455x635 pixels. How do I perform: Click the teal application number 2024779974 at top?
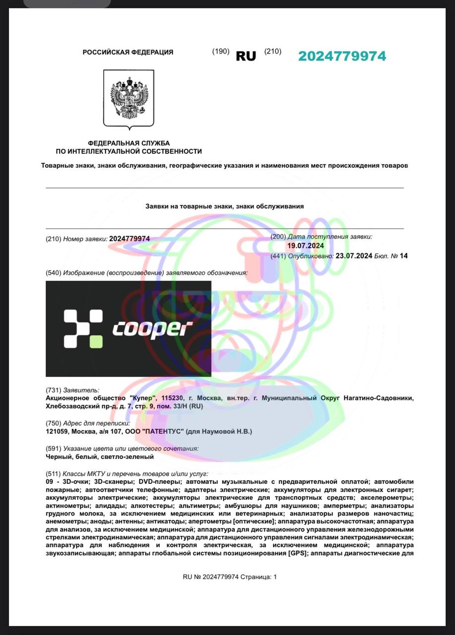coord(342,56)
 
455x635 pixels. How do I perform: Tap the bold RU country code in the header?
coord(246,56)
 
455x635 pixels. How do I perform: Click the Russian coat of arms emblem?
coord(129,98)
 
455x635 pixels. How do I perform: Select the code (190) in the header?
coord(220,51)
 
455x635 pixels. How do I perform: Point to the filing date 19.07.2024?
coord(306,246)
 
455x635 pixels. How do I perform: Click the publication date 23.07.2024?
coord(354,256)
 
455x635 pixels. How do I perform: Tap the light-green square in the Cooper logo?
coord(96,341)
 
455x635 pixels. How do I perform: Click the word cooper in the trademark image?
coord(152,328)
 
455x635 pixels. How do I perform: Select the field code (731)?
coord(53,390)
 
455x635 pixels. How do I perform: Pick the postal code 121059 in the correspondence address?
coord(56,432)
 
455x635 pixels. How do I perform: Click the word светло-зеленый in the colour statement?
coord(130,456)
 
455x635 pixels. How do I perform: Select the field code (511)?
coord(53,474)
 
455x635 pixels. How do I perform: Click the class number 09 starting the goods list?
coord(49,482)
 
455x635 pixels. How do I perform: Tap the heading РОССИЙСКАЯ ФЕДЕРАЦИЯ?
coord(128,52)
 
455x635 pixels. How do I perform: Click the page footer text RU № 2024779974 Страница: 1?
coord(230,577)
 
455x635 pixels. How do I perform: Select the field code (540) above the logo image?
coord(53,273)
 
